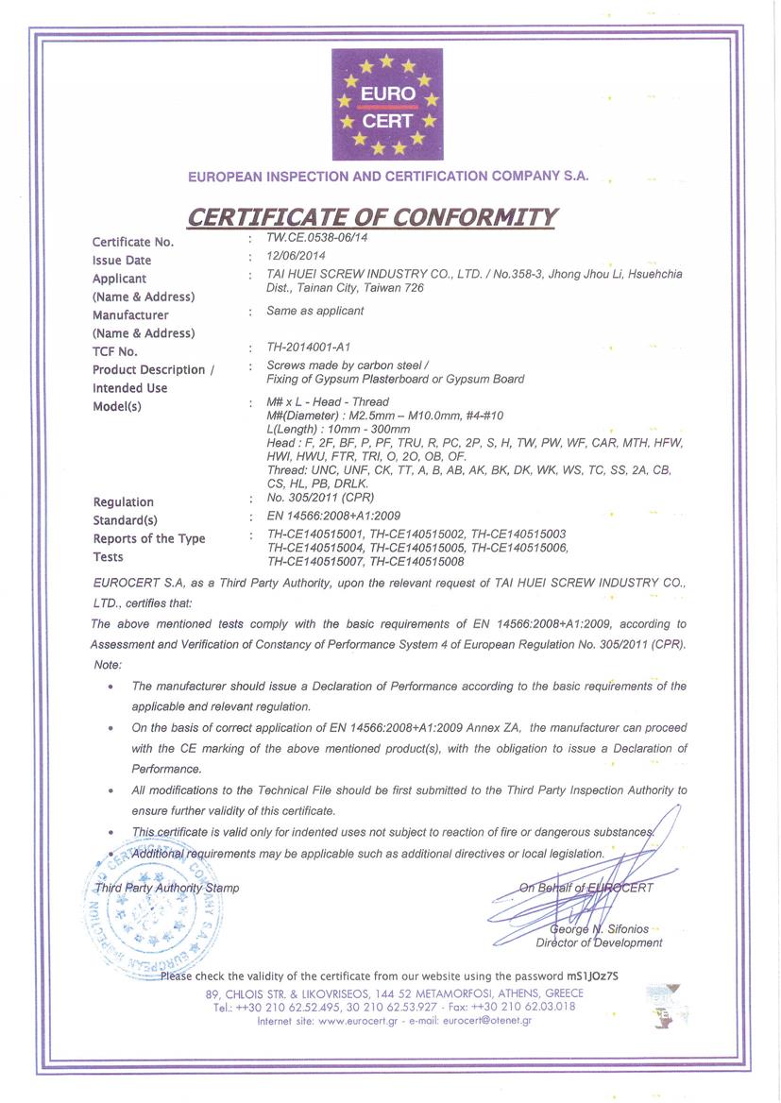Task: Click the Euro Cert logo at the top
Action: pos(387,105)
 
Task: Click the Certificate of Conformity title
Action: pos(372,216)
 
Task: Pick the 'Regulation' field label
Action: pos(123,502)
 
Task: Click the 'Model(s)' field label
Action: pos(117,406)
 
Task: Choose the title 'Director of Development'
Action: pos(599,942)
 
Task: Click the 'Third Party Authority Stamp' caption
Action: pos(166,888)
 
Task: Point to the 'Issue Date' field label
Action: pos(122,260)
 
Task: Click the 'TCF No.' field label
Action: pos(115,351)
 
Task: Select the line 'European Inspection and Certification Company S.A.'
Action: pos(388,176)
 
